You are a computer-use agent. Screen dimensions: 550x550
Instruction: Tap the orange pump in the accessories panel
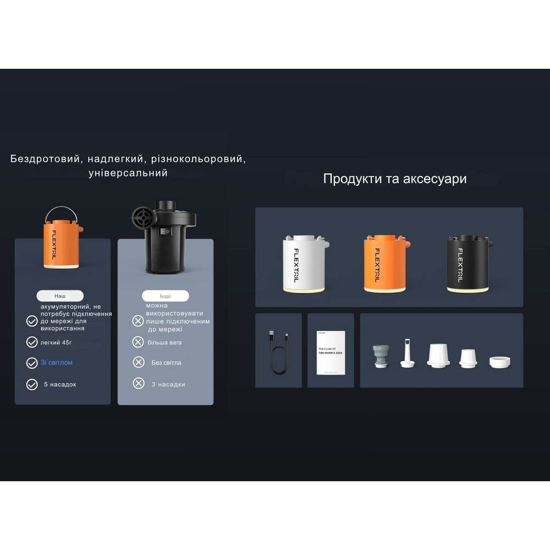point(384,263)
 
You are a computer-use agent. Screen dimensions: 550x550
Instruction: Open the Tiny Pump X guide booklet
point(331,353)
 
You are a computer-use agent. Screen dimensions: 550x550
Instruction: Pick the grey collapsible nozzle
point(380,355)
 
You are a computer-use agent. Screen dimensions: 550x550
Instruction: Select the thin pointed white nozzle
point(408,353)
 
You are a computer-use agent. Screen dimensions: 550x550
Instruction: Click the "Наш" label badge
point(60,296)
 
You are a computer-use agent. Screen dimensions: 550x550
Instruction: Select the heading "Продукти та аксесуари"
point(395,179)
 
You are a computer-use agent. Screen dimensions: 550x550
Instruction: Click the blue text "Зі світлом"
point(57,363)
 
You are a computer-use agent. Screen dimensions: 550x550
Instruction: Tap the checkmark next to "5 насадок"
point(32,384)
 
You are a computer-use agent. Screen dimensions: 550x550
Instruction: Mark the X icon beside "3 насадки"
point(139,384)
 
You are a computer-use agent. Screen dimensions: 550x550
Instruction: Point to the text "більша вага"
point(164,343)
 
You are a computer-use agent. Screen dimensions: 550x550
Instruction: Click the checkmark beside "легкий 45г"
point(32,342)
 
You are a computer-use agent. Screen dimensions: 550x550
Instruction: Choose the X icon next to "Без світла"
point(139,362)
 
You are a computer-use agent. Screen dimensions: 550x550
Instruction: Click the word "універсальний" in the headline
point(128,173)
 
